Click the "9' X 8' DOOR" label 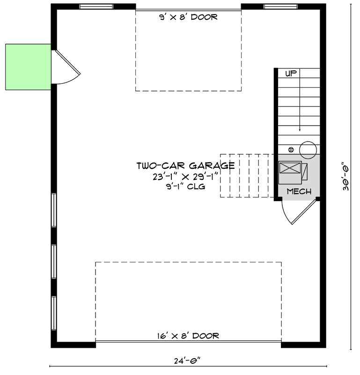pos(188,17)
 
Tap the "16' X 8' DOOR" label pos(188,336)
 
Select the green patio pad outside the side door pos(28,67)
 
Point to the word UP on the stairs pos(291,73)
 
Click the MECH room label pos(299,191)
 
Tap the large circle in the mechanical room pos(308,150)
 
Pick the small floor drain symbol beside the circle pos(291,150)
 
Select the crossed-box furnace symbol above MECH pos(290,172)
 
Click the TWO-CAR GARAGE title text pos(185,165)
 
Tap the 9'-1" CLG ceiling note pos(185,187)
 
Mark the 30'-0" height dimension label pos(345,176)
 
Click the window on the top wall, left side pos(96,7)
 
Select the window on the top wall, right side pos(280,7)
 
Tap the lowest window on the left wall pos(54,313)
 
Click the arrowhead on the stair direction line pos(300,129)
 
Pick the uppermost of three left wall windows pos(54,210)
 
